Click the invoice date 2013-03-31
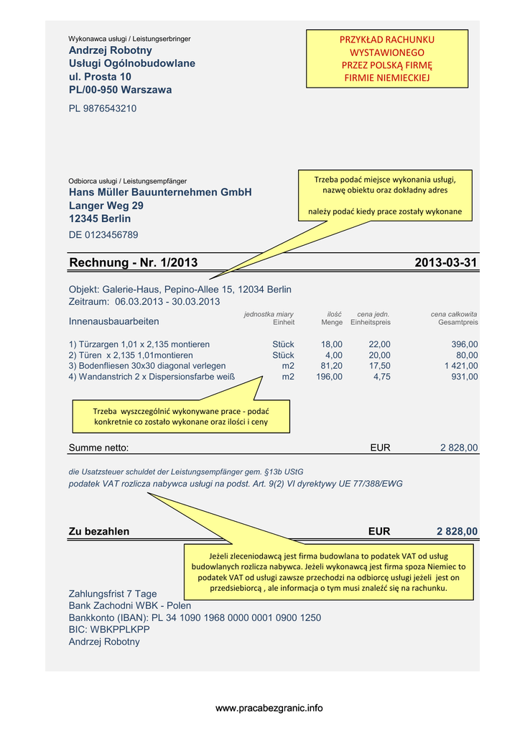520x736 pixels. coord(445,263)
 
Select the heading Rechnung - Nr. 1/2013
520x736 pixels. coord(133,263)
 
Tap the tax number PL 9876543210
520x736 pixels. coord(102,109)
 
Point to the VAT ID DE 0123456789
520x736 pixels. coord(103,235)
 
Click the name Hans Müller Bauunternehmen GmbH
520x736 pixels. coord(160,193)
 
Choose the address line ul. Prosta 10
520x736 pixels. coord(100,76)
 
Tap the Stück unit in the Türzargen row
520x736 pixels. coord(283,344)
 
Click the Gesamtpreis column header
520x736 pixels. coord(458,323)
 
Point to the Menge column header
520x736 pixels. coord(331,323)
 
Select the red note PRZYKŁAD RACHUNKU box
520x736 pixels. coord(387,58)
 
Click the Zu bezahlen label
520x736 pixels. coord(99,531)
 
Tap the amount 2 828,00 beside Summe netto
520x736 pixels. coord(458,448)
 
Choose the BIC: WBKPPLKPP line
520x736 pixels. coord(109,630)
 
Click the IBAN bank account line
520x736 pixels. coord(195,617)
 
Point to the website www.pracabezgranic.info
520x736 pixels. coord(269,708)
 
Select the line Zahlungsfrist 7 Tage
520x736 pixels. coord(112,594)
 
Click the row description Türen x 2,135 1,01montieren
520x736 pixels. coord(131,355)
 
